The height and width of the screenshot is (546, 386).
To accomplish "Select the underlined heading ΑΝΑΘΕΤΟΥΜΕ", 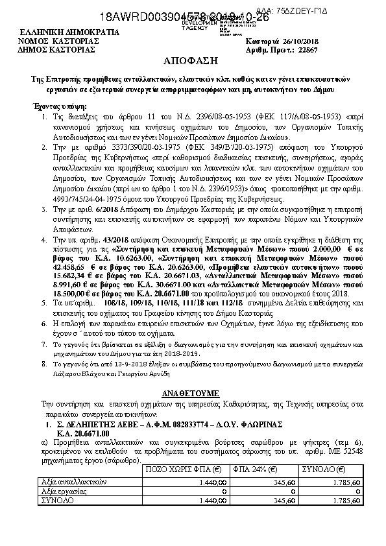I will pos(192,394).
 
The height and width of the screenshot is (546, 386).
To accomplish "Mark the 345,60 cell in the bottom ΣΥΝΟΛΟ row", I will pos(265,501).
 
